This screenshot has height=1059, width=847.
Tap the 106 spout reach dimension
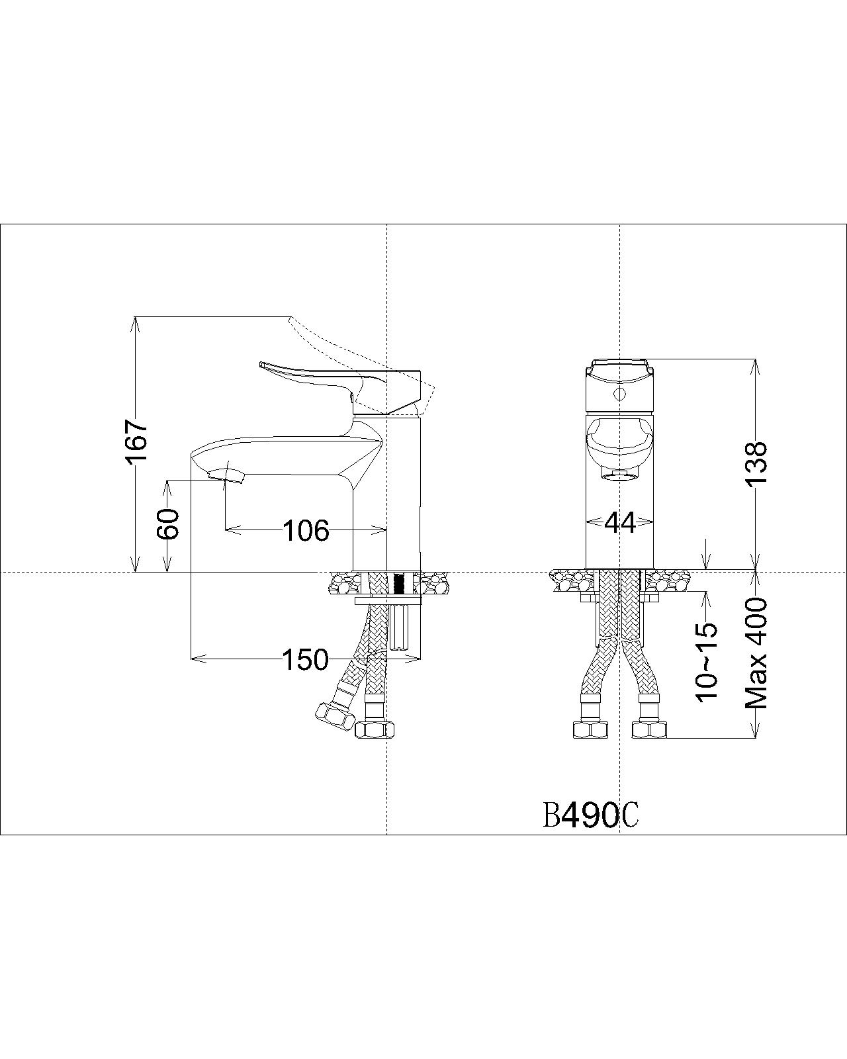click(306, 530)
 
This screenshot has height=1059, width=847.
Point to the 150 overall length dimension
click(305, 659)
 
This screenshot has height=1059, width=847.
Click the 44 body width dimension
click(619, 524)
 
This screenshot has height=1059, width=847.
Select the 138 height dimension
click(756, 463)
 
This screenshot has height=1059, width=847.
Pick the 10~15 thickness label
click(707, 662)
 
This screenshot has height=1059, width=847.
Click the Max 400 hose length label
click(756, 653)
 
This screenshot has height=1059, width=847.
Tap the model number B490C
click(590, 816)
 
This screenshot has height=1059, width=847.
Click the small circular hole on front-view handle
click(619, 395)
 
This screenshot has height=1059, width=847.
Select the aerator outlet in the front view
click(619, 475)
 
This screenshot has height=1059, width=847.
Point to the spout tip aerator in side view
click(226, 475)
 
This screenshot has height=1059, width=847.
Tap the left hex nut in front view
click(590, 729)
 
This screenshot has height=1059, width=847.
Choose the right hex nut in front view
click(650, 729)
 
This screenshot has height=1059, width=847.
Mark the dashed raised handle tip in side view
click(292, 320)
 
